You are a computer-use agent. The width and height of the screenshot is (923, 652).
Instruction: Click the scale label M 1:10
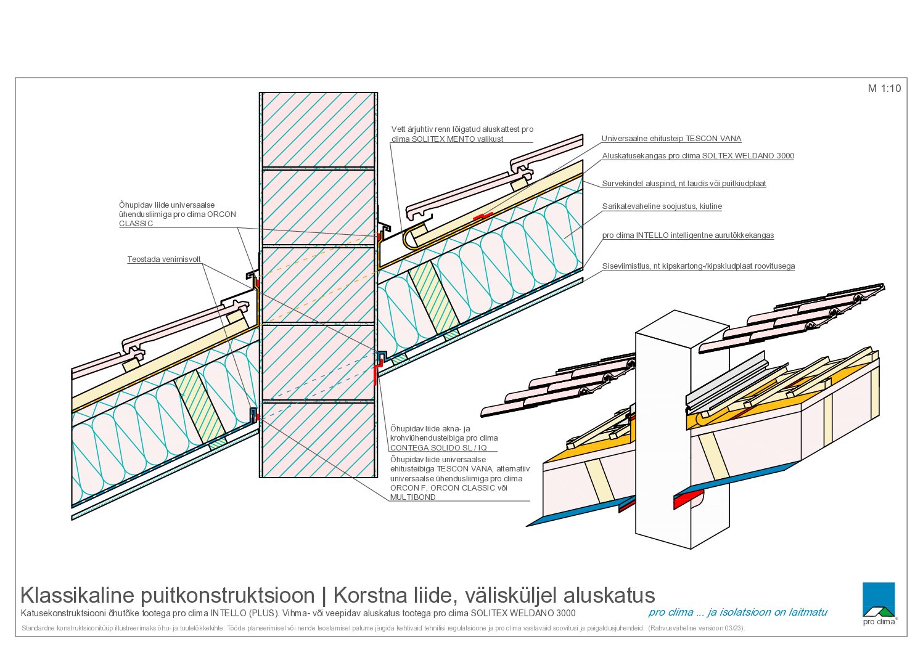click(884, 88)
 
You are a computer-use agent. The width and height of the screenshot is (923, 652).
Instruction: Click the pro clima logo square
click(879, 599)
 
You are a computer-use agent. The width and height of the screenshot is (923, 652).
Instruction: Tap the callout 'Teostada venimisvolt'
click(164, 259)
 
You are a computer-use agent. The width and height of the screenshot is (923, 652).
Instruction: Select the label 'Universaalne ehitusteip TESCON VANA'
click(671, 139)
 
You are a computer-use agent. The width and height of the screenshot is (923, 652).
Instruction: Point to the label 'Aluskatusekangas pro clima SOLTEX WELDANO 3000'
click(698, 156)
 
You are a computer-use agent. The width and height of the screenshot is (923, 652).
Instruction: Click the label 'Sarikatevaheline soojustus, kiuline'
click(662, 206)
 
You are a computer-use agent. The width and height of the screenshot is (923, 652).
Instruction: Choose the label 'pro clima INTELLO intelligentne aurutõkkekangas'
click(688, 235)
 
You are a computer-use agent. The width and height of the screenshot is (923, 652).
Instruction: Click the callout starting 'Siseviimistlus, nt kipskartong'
click(699, 266)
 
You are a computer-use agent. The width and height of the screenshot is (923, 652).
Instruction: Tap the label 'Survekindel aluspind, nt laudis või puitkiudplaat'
click(684, 184)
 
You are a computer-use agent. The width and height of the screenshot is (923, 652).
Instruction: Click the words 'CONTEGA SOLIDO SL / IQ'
click(438, 447)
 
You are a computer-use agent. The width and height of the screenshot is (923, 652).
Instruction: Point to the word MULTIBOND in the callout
click(413, 497)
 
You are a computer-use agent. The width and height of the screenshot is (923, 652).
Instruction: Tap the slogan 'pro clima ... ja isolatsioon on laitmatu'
click(737, 613)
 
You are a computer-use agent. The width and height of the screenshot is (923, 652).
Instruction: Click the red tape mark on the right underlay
click(483, 216)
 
